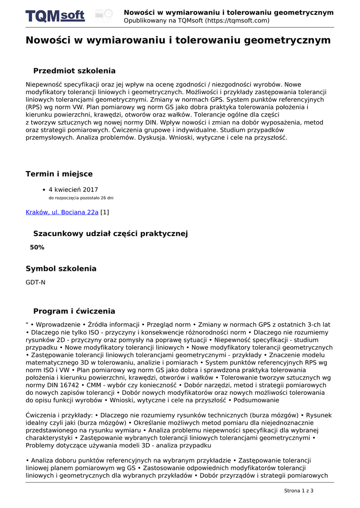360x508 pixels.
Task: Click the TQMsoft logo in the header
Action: pyautogui.click(x=55, y=16)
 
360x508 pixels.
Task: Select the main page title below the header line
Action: pyautogui.click(x=178, y=40)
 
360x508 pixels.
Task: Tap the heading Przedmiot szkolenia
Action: pyautogui.click(x=74, y=71)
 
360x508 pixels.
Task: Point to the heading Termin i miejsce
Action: pyautogui.click(x=59, y=174)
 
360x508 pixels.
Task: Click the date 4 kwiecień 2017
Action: pyautogui.click(x=73, y=190)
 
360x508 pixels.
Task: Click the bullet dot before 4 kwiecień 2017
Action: pyautogui.click(x=44, y=190)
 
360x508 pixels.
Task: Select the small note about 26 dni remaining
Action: pyautogui.click(x=80, y=198)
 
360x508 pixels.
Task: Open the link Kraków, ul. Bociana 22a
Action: pyautogui.click(x=62, y=212)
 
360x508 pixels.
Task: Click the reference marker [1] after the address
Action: pyautogui.click(x=105, y=212)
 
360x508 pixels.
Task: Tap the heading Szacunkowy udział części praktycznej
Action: pyautogui.click(x=110, y=234)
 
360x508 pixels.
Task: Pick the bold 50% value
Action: pyautogui.click(x=37, y=247)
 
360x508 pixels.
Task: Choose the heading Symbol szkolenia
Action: pyautogui.click(x=61, y=269)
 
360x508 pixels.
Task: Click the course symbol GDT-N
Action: pyautogui.click(x=35, y=282)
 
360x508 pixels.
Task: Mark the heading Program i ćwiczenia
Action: pyautogui.click(x=74, y=312)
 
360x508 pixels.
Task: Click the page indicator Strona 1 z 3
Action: pyautogui.click(x=298, y=491)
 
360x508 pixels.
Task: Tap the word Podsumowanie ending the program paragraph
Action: pyautogui.click(x=256, y=400)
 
